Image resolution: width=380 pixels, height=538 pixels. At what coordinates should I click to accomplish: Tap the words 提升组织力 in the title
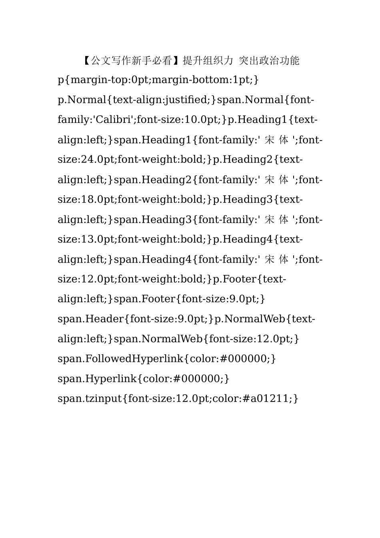pos(208,60)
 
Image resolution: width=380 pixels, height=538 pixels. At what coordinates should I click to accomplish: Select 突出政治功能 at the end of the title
pos(269,60)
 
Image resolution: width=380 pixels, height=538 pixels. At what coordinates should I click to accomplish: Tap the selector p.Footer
pos(234,279)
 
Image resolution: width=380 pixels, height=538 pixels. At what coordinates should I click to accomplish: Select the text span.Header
pos(91,319)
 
